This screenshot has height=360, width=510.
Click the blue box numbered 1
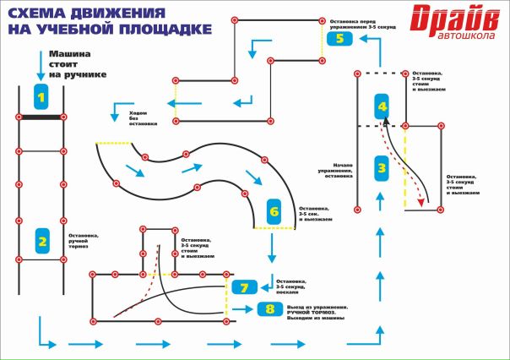41,96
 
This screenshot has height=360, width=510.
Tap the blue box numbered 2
41,243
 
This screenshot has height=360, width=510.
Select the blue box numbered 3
382,167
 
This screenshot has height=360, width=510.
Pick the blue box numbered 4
382,107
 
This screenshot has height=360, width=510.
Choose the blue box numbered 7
243,287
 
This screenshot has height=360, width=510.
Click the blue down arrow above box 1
40,64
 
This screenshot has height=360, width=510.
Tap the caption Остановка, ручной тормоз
84,242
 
